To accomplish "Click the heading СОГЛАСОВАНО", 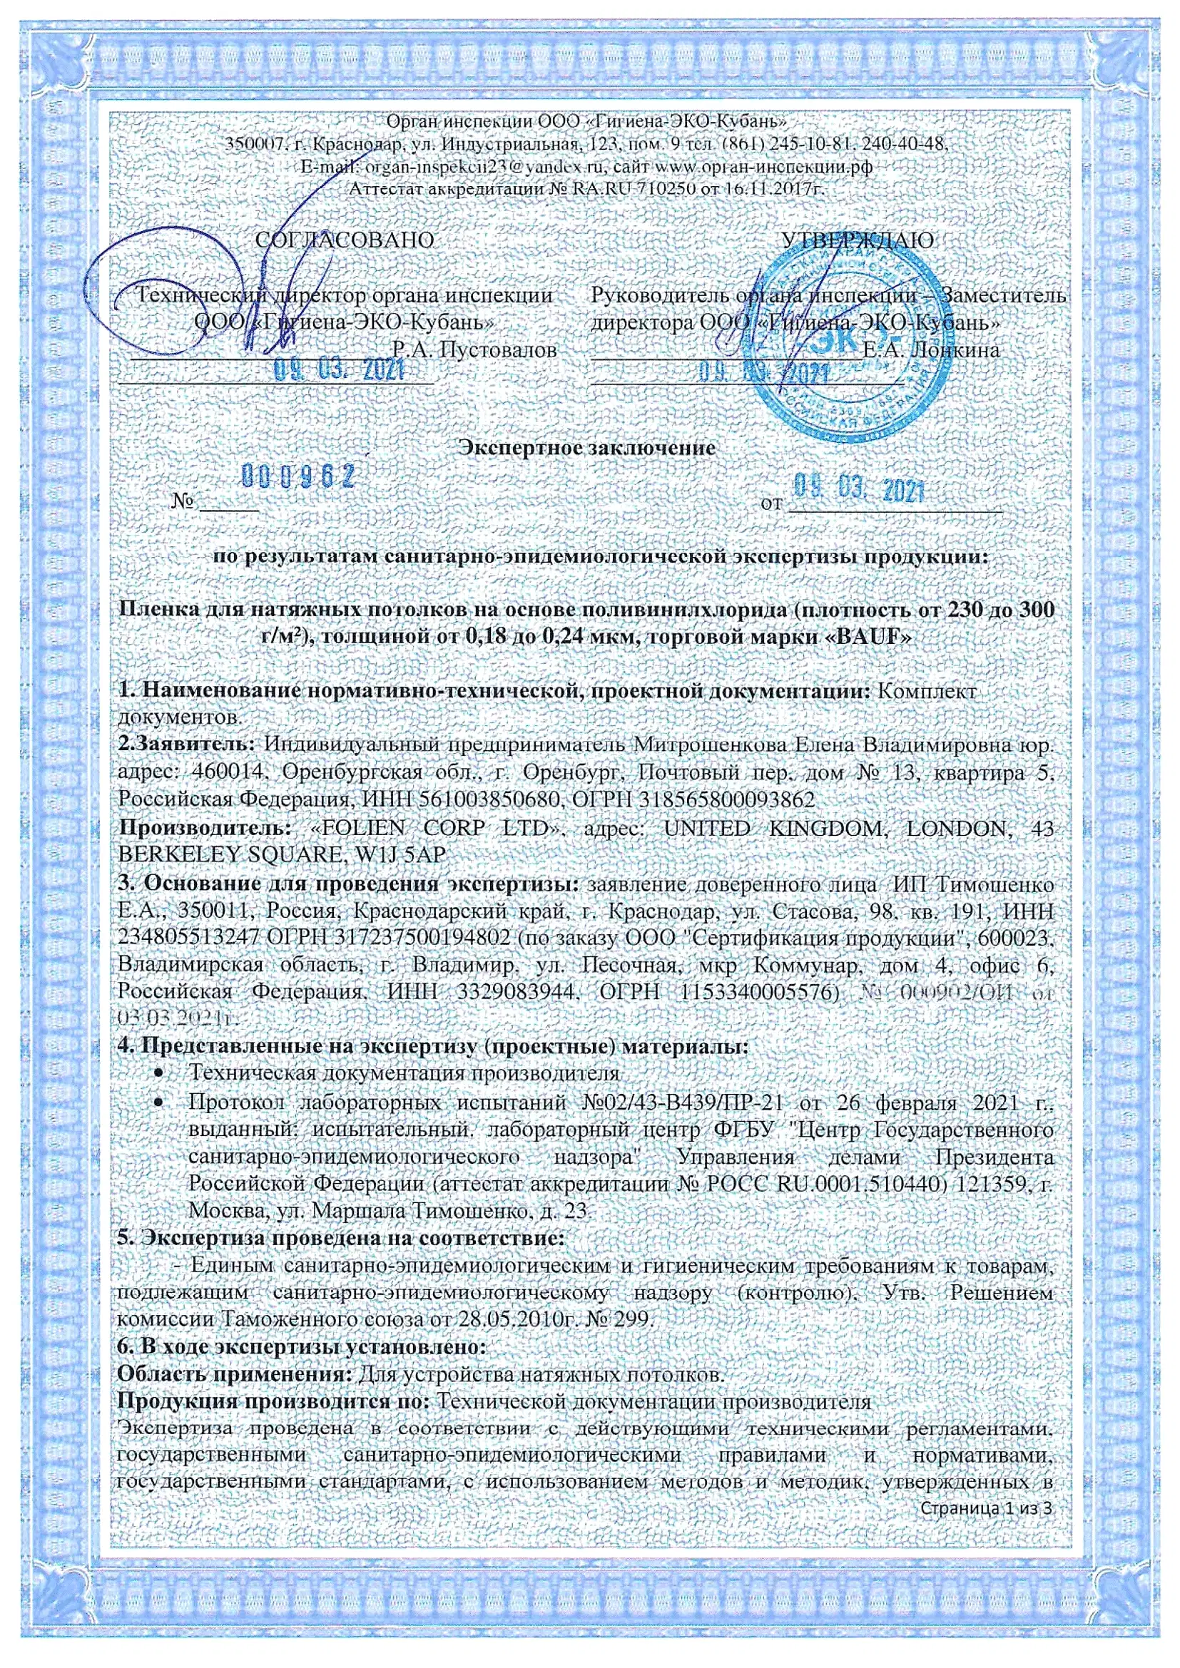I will [345, 240].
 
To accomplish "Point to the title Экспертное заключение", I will [588, 448].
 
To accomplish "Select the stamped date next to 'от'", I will [859, 489].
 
